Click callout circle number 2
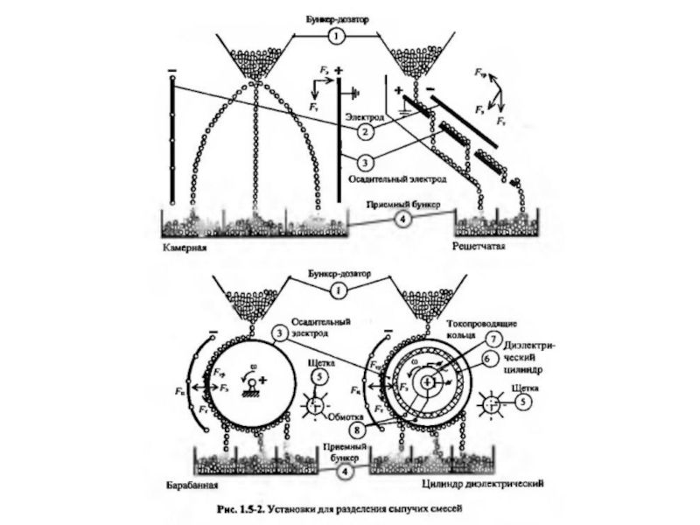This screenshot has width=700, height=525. (361, 130)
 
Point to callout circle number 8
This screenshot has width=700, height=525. (356, 430)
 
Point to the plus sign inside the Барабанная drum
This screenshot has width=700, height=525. (261, 381)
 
